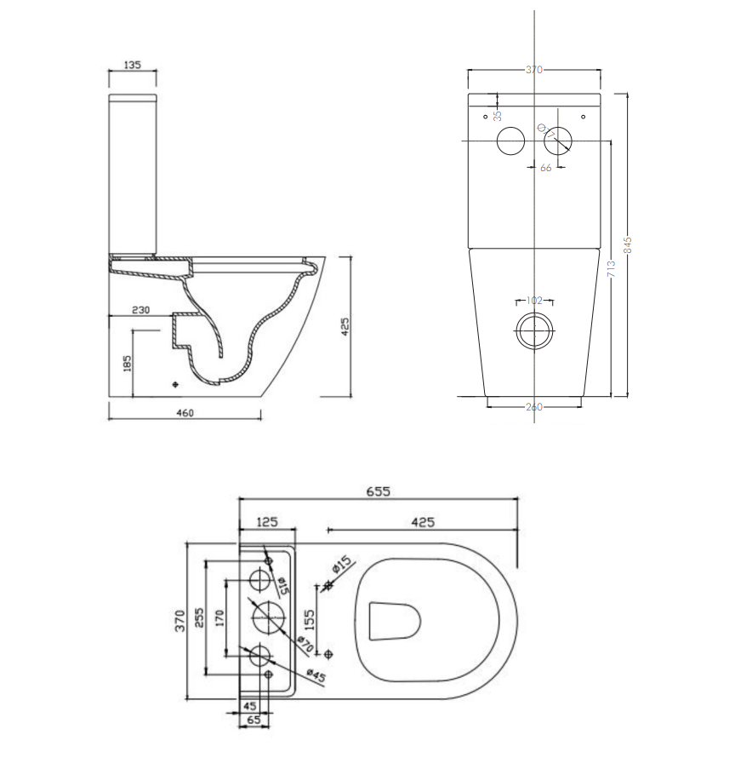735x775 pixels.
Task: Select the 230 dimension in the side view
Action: tap(140, 310)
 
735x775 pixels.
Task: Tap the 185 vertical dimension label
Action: tap(128, 365)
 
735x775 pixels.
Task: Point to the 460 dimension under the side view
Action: tap(185, 414)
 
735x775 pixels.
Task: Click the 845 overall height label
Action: tap(629, 245)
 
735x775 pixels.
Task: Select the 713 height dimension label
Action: tap(612, 270)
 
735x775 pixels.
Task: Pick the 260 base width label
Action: tap(533, 407)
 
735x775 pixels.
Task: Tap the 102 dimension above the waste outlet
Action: tap(534, 301)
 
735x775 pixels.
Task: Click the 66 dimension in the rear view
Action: tap(545, 168)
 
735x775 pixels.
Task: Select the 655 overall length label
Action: tap(379, 491)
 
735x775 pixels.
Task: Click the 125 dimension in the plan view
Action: tap(268, 520)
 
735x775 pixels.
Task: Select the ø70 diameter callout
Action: tap(305, 646)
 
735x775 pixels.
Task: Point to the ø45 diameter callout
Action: tap(316, 675)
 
